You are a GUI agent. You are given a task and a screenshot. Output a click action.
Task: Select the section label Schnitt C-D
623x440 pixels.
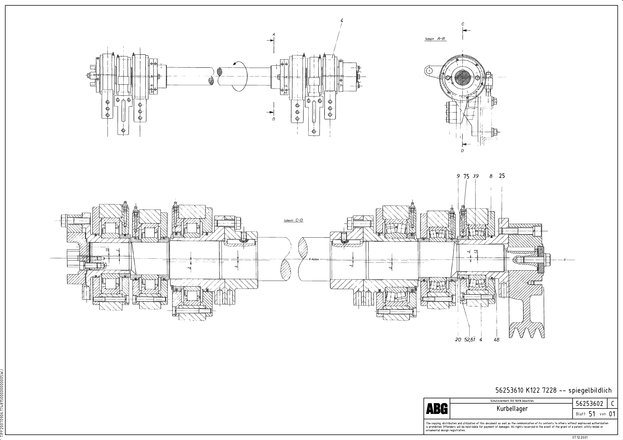click(293, 220)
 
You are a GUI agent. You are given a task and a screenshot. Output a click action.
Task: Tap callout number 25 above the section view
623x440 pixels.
click(502, 176)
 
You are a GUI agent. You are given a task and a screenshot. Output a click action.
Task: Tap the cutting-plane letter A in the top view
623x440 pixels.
click(274, 34)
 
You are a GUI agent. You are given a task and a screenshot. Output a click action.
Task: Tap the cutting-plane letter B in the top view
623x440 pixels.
click(274, 119)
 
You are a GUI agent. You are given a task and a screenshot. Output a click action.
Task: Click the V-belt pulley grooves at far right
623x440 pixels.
click(526, 331)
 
